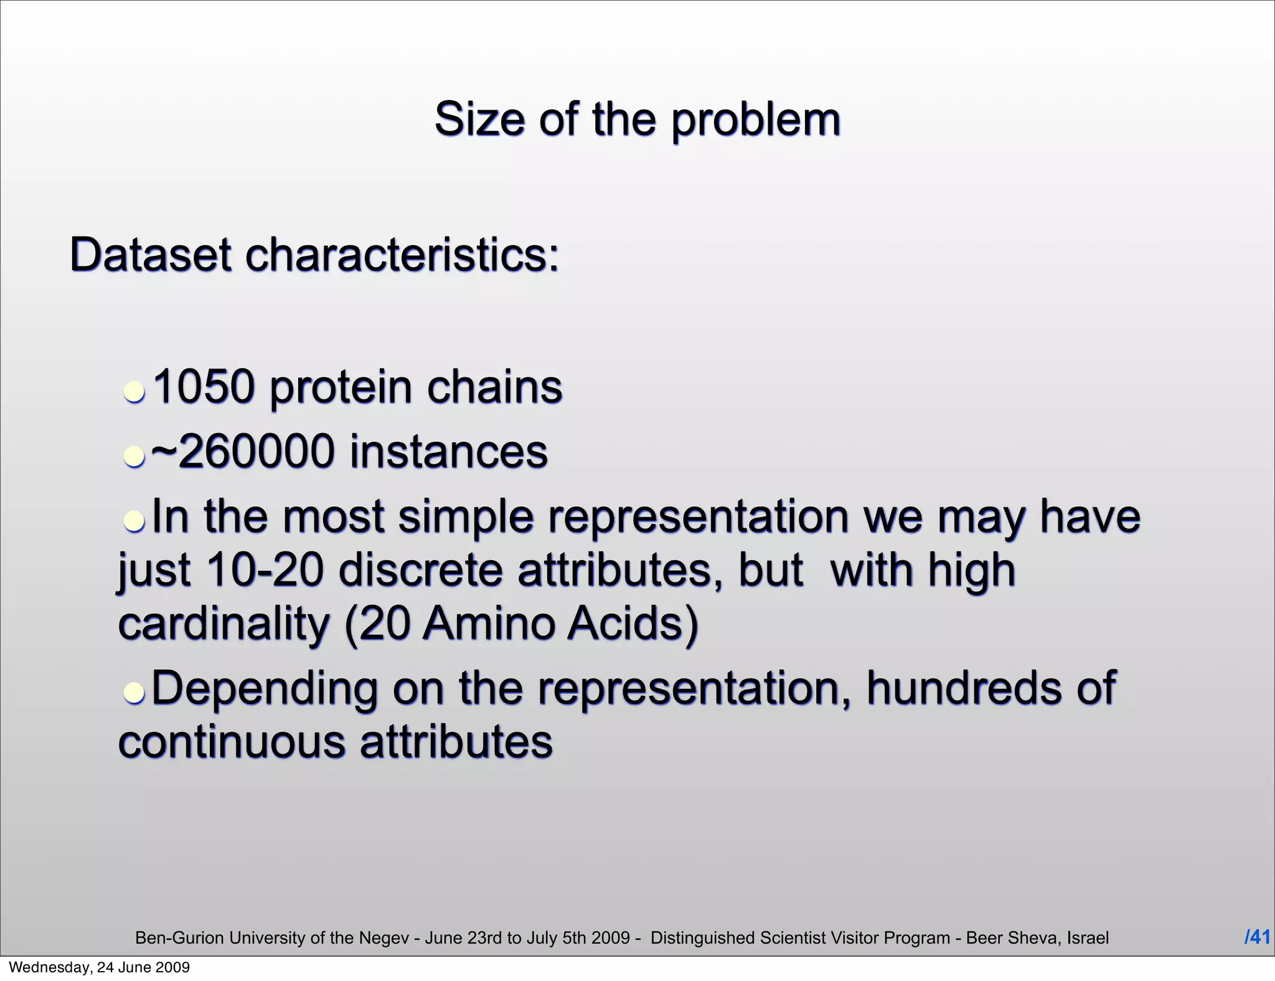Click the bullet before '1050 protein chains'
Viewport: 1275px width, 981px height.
[134, 392]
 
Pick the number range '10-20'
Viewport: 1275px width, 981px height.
[265, 570]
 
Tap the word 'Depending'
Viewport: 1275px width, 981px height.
[264, 688]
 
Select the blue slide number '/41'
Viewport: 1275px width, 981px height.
[1257, 937]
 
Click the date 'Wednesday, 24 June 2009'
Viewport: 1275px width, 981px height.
[100, 967]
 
